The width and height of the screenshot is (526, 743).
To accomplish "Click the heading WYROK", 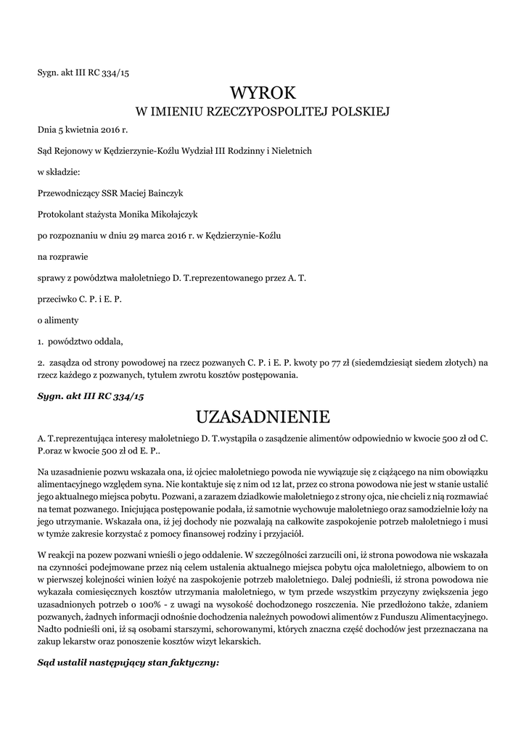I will (x=263, y=93).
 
